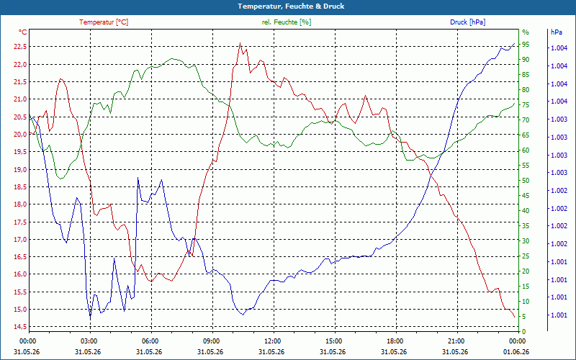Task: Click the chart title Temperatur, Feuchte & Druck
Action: click(291, 6)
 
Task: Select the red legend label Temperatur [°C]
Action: click(104, 22)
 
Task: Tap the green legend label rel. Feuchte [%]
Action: click(286, 22)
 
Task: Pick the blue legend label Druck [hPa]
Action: click(467, 22)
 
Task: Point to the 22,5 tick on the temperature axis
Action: click(20, 47)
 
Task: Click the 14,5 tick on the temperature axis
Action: click(20, 327)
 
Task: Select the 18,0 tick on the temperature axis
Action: click(20, 204)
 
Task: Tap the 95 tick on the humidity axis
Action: click(526, 45)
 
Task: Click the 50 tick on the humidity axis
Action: click(526, 181)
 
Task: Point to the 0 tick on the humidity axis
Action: click(524, 332)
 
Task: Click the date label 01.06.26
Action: click(516, 352)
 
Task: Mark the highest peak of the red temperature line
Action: click(240, 43)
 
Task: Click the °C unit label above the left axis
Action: click(23, 32)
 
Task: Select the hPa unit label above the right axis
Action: click(556, 32)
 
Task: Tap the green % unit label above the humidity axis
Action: click(526, 32)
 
